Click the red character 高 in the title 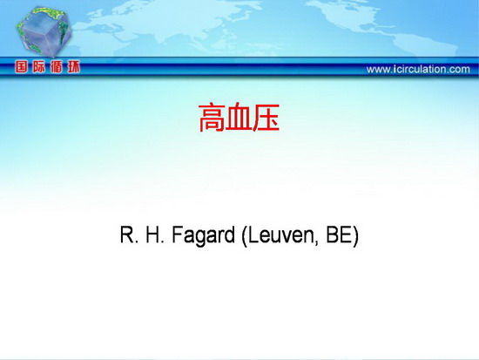coord(212,118)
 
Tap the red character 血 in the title coord(239,118)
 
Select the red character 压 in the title coord(266,118)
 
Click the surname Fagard coord(203,236)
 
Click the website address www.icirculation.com coord(418,69)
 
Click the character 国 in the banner coord(22,66)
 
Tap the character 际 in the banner coord(39,66)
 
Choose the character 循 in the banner coord(57,66)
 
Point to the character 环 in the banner coord(74,66)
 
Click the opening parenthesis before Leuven coord(244,236)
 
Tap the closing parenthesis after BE coord(355,236)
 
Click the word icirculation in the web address coord(418,69)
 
